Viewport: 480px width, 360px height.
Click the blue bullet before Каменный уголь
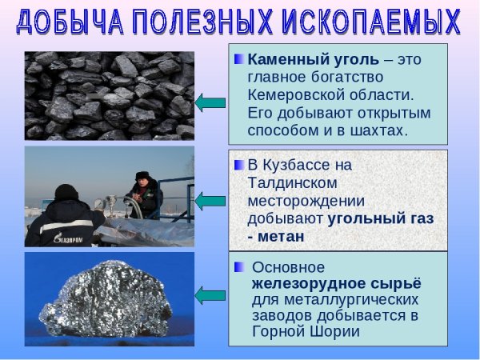coord(238,59)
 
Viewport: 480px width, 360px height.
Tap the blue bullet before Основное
coord(238,267)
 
